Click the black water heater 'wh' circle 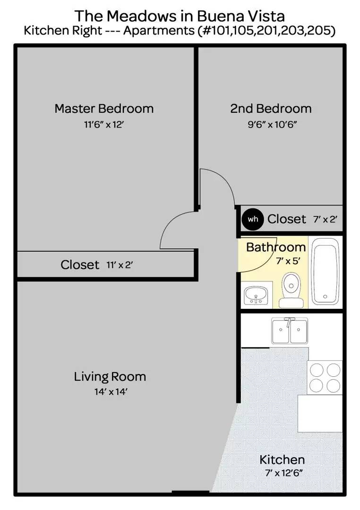click(253, 219)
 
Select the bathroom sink click(256, 295)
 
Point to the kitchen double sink click(289, 331)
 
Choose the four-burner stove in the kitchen click(325, 378)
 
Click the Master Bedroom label click(104, 109)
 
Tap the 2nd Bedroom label click(271, 109)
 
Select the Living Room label click(110, 377)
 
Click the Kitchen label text click(282, 459)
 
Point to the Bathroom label click(276, 247)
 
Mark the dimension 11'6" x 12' click(104, 125)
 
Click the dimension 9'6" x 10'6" click(273, 125)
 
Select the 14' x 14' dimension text click(111, 391)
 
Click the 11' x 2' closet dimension click(120, 265)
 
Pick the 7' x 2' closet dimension click(325, 220)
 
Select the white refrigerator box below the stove click(320, 413)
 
